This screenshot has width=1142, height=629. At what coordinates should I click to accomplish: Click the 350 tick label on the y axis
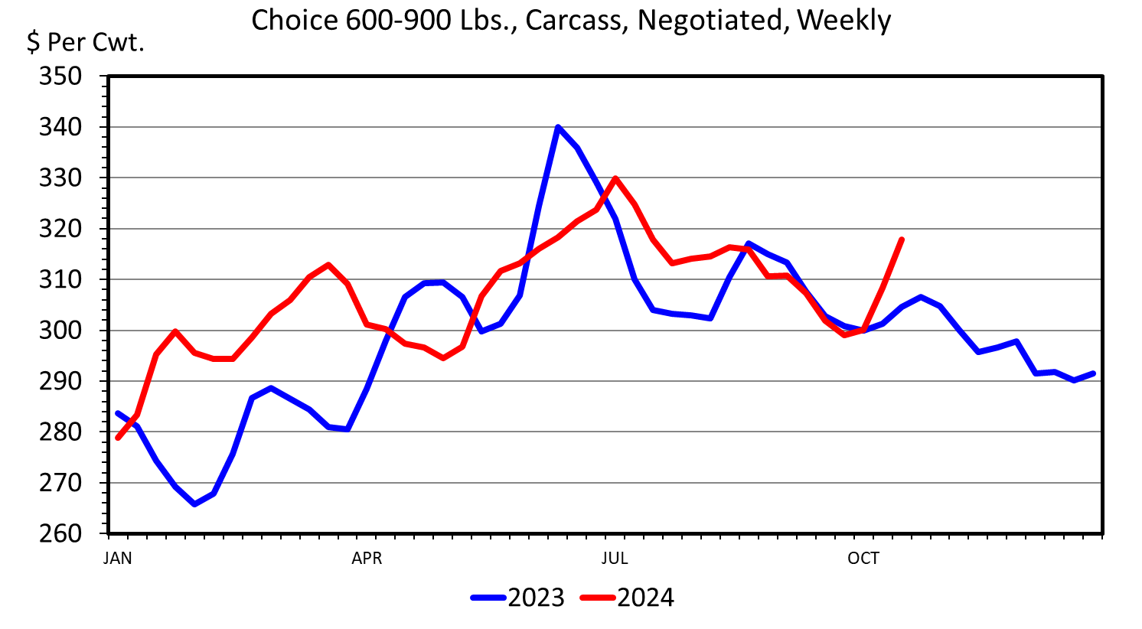tap(60, 77)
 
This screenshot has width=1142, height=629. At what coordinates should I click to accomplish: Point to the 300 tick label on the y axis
tap(60, 331)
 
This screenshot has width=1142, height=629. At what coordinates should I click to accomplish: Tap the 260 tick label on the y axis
tap(60, 533)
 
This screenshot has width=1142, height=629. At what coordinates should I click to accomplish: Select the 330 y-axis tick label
tap(60, 178)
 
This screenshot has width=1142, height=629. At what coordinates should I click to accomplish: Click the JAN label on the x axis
tap(118, 559)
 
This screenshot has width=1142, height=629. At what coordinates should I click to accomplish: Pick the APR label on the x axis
tap(367, 559)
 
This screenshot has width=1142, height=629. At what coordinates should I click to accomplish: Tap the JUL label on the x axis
tap(615, 559)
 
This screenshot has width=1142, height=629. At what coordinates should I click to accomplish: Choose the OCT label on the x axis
tap(863, 559)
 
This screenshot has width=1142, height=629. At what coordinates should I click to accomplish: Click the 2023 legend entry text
tap(536, 598)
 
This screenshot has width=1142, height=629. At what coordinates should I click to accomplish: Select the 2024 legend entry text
tap(645, 598)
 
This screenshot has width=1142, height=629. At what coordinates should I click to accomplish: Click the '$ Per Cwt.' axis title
tap(85, 43)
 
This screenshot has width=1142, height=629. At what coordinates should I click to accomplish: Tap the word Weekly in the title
tap(843, 21)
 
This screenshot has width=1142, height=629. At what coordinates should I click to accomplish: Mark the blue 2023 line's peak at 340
tap(558, 127)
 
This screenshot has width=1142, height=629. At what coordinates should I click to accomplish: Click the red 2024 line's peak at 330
tap(615, 178)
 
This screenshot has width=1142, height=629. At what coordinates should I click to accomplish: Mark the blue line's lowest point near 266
tap(194, 504)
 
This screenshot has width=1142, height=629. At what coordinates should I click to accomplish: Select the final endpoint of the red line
tap(902, 240)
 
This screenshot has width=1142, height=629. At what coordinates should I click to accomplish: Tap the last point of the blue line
tap(1094, 373)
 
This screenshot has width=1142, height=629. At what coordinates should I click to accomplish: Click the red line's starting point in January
tap(118, 438)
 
